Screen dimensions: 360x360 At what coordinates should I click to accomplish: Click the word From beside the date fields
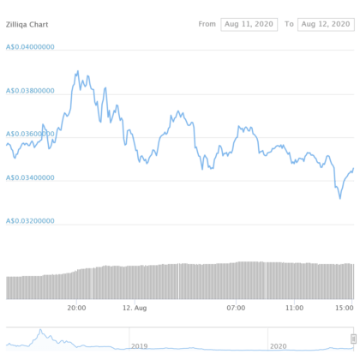[207, 24]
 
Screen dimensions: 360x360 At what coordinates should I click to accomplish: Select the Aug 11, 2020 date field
[249, 24]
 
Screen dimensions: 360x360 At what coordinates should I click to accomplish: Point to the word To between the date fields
[288, 24]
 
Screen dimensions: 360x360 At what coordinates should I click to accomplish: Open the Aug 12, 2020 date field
[326, 24]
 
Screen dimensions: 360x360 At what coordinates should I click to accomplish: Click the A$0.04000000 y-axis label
[31, 46]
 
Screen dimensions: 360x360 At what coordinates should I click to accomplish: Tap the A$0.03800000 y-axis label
[31, 89]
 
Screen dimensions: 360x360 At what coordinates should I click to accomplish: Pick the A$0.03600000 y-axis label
[31, 133]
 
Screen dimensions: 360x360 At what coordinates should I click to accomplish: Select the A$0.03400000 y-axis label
[31, 177]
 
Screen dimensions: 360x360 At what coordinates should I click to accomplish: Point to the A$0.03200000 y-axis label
[31, 220]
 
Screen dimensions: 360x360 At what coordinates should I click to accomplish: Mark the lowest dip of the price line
[340, 198]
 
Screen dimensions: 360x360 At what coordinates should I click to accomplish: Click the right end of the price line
[353, 169]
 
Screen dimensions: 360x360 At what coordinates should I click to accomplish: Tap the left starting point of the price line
[7, 144]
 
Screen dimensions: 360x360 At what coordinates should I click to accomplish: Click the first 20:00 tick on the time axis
[77, 306]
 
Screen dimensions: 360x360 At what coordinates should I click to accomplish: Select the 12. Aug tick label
[135, 307]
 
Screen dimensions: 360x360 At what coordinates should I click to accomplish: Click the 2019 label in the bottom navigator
[139, 345]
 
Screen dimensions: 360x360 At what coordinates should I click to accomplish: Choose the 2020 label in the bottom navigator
[278, 345]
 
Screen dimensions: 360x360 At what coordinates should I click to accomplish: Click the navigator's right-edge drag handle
[353, 339]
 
